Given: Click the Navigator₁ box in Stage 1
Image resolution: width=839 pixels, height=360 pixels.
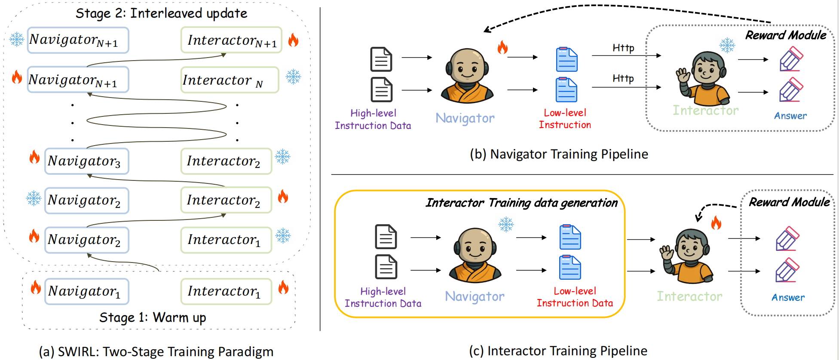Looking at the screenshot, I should tap(86, 292).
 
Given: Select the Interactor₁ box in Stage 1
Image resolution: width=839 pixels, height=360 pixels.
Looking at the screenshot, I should tap(226, 292).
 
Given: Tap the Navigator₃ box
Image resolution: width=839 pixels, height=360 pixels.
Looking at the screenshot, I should tap(86, 162).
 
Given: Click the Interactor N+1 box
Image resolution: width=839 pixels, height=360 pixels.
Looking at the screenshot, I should tap(231, 40).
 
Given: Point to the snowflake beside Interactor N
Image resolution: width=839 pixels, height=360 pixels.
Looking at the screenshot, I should tap(294, 77).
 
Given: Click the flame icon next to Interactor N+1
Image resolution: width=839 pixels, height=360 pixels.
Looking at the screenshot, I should tap(293, 40).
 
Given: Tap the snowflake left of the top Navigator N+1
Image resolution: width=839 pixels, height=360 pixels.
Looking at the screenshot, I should tap(17, 40).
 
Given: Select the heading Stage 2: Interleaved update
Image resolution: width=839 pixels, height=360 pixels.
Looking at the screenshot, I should tap(161, 13).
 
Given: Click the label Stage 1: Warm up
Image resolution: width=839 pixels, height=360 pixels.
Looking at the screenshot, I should tap(153, 317).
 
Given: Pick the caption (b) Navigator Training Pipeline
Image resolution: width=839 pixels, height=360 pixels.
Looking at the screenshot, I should tap(559, 154).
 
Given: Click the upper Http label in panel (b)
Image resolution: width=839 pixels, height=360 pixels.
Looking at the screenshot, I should tap(623, 48).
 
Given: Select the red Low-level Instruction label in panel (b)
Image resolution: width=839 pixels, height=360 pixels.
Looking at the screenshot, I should tap(565, 119).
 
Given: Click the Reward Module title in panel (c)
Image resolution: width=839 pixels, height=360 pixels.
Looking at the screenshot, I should tap(789, 202).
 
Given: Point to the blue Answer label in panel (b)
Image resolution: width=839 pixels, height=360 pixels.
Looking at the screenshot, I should tap(790, 116).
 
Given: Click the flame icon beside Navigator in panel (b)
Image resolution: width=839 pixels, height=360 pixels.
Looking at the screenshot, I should tap(502, 47).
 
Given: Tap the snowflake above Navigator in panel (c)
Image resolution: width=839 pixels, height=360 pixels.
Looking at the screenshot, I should tap(506, 224).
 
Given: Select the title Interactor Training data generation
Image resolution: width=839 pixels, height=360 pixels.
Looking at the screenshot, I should tap(521, 203).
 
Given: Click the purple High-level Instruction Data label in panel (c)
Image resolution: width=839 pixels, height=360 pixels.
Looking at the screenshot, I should tap(383, 297).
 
